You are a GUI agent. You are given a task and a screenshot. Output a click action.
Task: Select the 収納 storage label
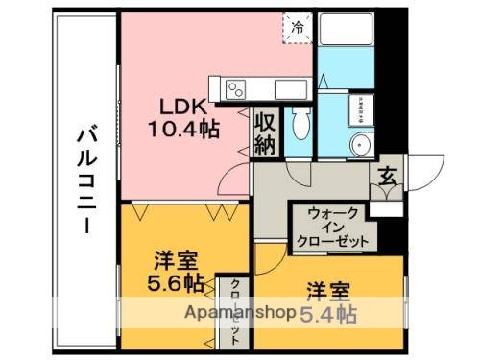pyautogui.click(x=266, y=133)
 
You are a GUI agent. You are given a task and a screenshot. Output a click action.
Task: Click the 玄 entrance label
pyautogui.click(x=389, y=176)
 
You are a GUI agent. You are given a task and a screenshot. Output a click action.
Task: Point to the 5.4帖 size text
pyautogui.click(x=329, y=313)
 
